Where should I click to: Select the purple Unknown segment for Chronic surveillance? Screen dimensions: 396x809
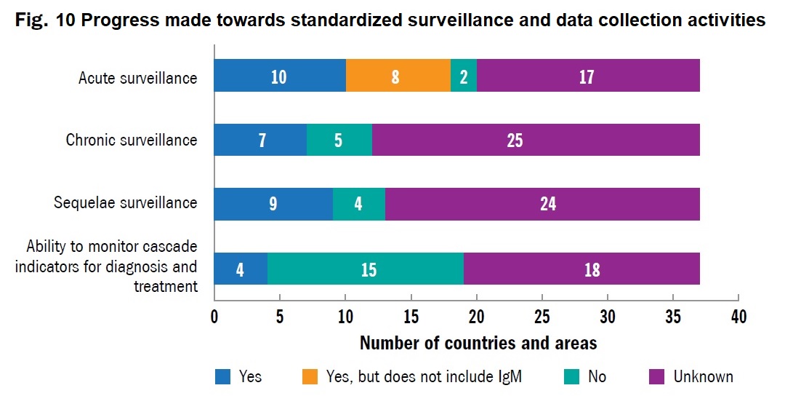click(x=536, y=140)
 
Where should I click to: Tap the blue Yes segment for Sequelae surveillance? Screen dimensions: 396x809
click(x=273, y=203)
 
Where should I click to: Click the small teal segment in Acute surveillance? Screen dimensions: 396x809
click(x=464, y=76)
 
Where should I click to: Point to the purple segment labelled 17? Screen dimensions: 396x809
click(x=588, y=76)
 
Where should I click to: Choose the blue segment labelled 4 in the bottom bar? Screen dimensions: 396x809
click(x=241, y=269)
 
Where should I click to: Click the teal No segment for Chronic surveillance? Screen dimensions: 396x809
click(x=339, y=140)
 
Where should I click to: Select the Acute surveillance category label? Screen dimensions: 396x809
click(x=138, y=77)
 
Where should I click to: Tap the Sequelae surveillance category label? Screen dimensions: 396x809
click(x=126, y=202)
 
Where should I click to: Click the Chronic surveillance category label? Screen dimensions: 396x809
click(x=132, y=140)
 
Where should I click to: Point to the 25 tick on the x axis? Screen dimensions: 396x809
click(x=542, y=317)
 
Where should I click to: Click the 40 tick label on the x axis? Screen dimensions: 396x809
click(x=738, y=317)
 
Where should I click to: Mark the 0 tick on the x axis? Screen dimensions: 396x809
click(x=214, y=317)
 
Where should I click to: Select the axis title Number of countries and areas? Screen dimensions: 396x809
click(x=478, y=343)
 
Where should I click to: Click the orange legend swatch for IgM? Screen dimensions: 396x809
click(x=310, y=376)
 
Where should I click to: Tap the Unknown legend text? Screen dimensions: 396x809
click(x=703, y=376)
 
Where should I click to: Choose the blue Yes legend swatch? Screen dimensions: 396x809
click(x=223, y=376)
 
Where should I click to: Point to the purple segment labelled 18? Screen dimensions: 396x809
click(x=591, y=269)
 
